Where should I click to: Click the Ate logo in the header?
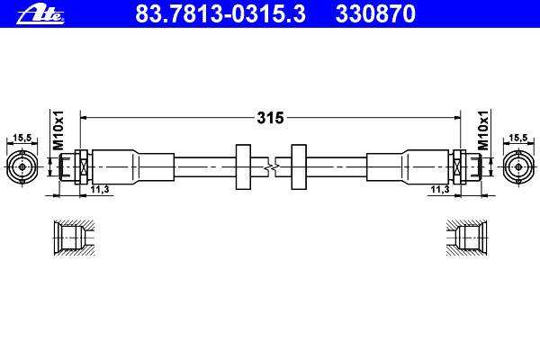coord(40,15)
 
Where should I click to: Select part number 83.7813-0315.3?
coord(220,13)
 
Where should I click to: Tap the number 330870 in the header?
coord(375,13)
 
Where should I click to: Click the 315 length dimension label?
coord(270,118)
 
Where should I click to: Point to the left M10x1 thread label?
coord(58,130)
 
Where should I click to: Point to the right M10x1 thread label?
coord(483,130)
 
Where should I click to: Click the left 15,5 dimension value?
coord(22,138)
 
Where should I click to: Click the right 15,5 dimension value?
coord(518,138)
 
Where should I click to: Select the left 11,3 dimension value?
coord(100,189)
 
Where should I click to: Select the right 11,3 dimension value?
coord(440,189)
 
